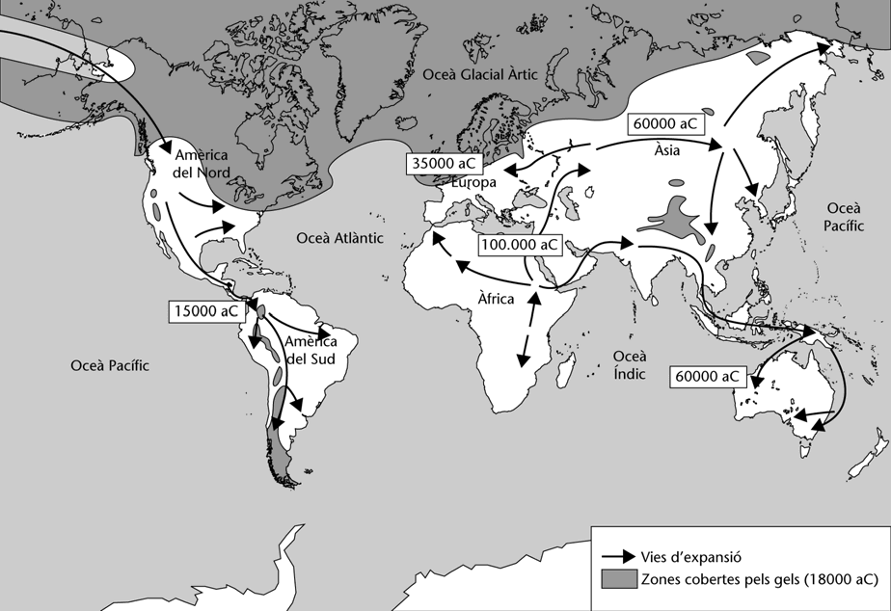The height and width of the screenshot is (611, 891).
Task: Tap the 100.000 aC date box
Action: click(520, 245)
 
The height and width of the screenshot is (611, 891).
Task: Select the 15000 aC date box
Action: click(205, 310)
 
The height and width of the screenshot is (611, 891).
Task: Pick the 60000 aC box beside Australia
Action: click(708, 375)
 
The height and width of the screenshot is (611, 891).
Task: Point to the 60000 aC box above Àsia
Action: click(665, 124)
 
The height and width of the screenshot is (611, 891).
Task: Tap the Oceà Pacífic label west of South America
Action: click(111, 365)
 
